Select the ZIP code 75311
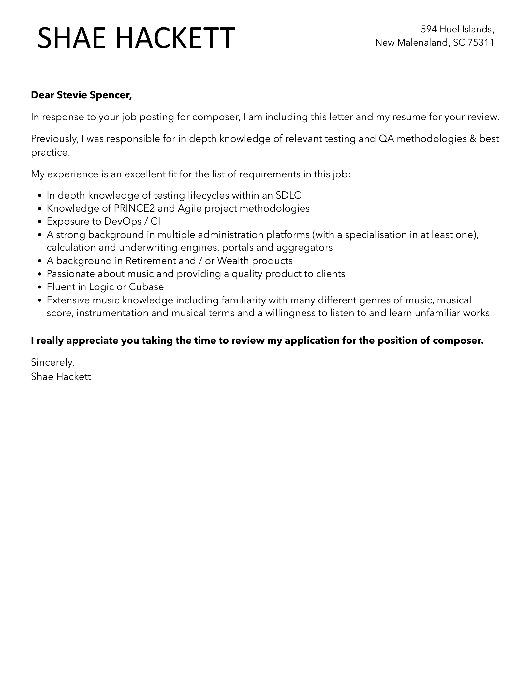481,42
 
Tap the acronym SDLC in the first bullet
288,195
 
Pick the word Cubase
146,287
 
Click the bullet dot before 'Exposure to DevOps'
40,222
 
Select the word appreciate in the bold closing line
93,341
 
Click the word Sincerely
52,362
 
